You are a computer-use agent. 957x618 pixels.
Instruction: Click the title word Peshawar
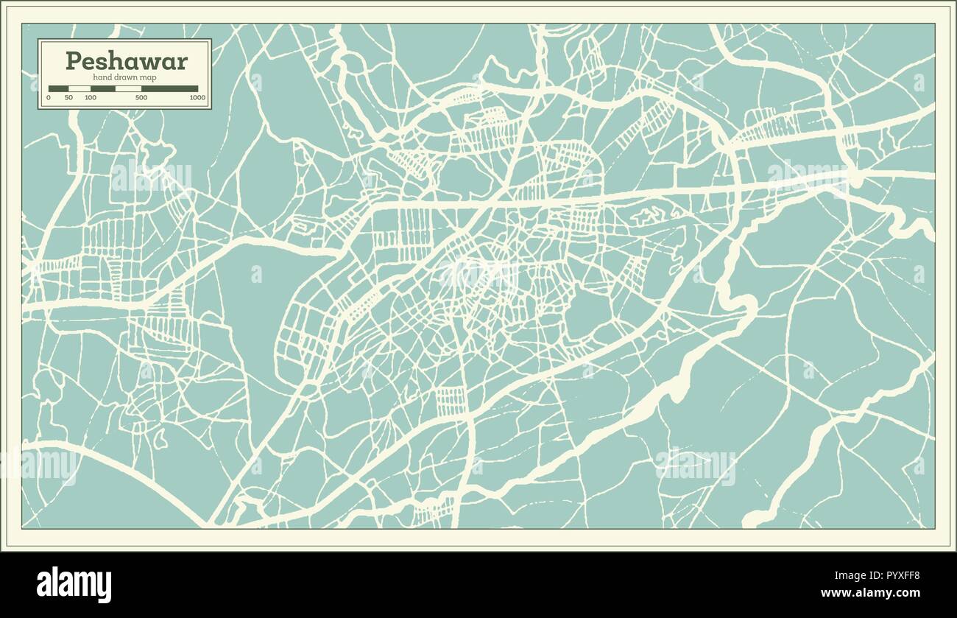126,61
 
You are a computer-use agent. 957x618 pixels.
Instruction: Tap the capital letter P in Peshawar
73,61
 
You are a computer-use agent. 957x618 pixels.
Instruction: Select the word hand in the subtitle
102,77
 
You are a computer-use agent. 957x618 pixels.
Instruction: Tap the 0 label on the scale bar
49,97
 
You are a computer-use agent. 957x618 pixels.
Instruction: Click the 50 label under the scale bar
68,97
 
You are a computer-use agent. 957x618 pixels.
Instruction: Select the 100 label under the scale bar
90,97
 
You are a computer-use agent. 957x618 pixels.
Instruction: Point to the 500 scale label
141,97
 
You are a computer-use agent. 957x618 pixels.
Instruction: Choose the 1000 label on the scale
197,97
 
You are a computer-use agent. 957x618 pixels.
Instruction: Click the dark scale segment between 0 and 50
58,88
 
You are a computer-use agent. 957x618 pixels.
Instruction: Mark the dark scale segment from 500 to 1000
169,88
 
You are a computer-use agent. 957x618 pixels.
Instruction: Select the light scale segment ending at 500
128,88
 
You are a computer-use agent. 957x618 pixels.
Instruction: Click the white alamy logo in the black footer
74,584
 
